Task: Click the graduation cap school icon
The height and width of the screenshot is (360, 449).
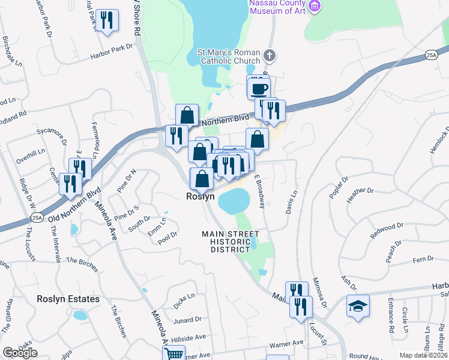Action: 358,305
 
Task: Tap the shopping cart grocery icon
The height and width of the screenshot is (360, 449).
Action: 173,354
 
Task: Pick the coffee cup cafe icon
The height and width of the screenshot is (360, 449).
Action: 259,88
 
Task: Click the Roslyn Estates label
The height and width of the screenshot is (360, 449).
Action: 68,299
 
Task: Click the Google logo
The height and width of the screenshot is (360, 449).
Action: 19,353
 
